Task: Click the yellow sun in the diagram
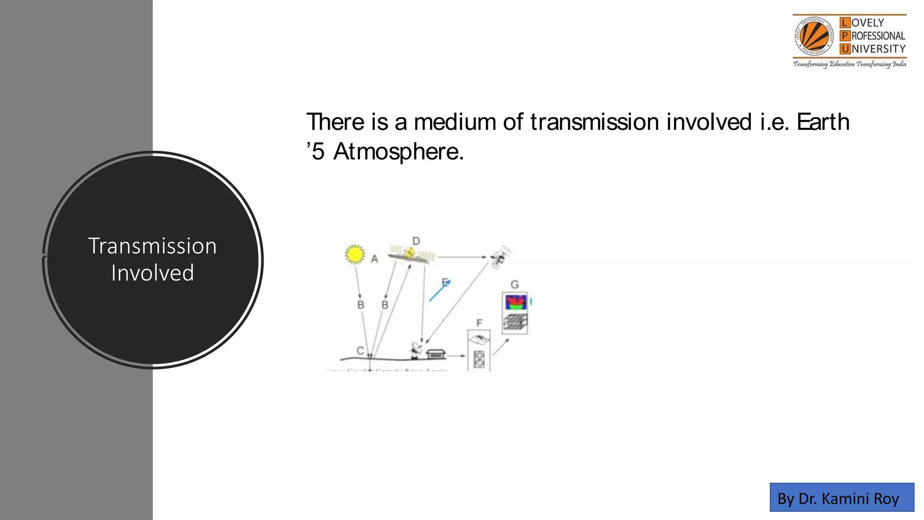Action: click(x=355, y=254)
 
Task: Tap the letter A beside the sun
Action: click(x=374, y=259)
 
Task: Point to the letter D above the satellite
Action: click(x=416, y=241)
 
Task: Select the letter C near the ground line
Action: click(x=360, y=350)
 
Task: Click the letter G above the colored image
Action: click(x=515, y=284)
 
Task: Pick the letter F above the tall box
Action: click(x=479, y=323)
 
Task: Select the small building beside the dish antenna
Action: click(x=436, y=353)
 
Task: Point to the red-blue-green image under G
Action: click(x=516, y=302)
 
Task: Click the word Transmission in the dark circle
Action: click(x=152, y=246)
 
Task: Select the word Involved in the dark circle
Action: click(x=152, y=273)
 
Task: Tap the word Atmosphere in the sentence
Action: click(x=398, y=152)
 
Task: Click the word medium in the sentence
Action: click(x=455, y=122)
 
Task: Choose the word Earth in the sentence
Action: click(x=823, y=122)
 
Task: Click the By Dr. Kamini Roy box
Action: click(x=841, y=497)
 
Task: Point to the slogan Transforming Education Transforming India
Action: click(x=850, y=64)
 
